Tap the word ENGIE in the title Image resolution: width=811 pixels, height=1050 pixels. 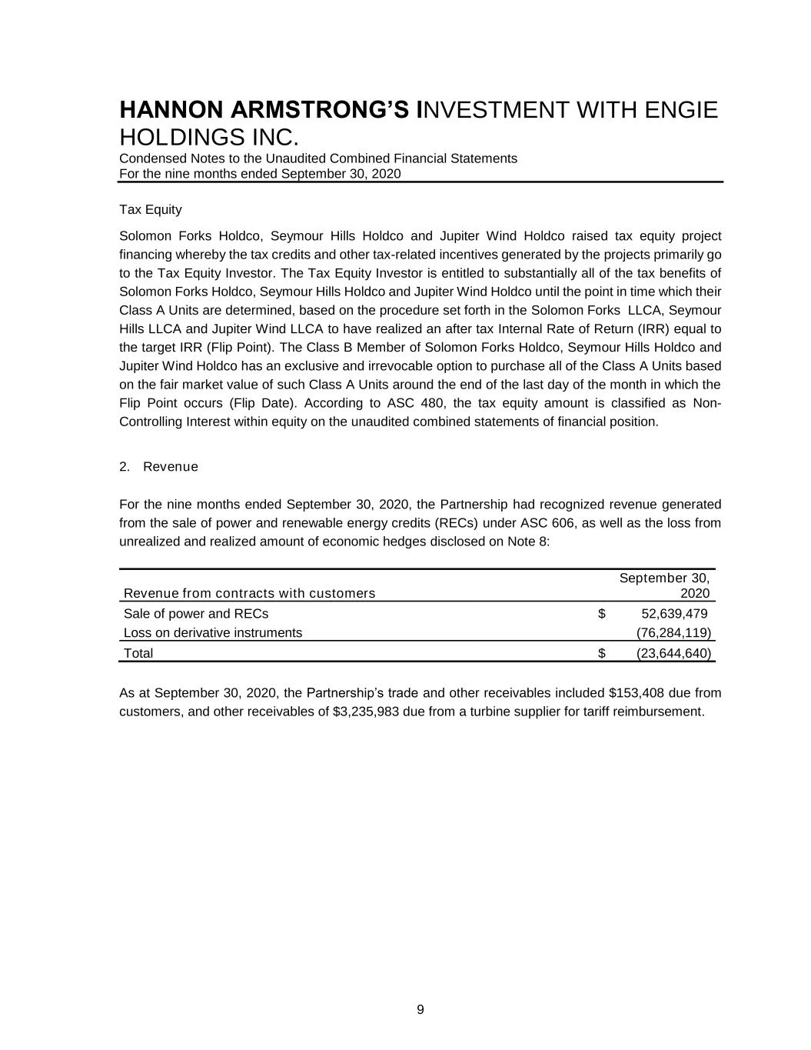[680, 110]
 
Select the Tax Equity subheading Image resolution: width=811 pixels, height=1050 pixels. [151, 209]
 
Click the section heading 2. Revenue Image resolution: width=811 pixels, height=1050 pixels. [159, 467]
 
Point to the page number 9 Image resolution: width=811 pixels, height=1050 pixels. [420, 1010]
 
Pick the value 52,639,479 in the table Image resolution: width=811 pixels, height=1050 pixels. [674, 614]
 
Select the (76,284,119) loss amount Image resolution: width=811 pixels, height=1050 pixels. [674, 633]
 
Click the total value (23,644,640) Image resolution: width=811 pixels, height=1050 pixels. [674, 654]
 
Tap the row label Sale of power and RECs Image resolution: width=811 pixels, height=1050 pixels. [196, 614]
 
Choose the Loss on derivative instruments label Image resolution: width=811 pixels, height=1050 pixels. [213, 633]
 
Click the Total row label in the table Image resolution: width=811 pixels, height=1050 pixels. [138, 654]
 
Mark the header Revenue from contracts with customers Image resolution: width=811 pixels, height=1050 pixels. [249, 593]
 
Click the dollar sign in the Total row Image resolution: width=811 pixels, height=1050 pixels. [602, 654]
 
